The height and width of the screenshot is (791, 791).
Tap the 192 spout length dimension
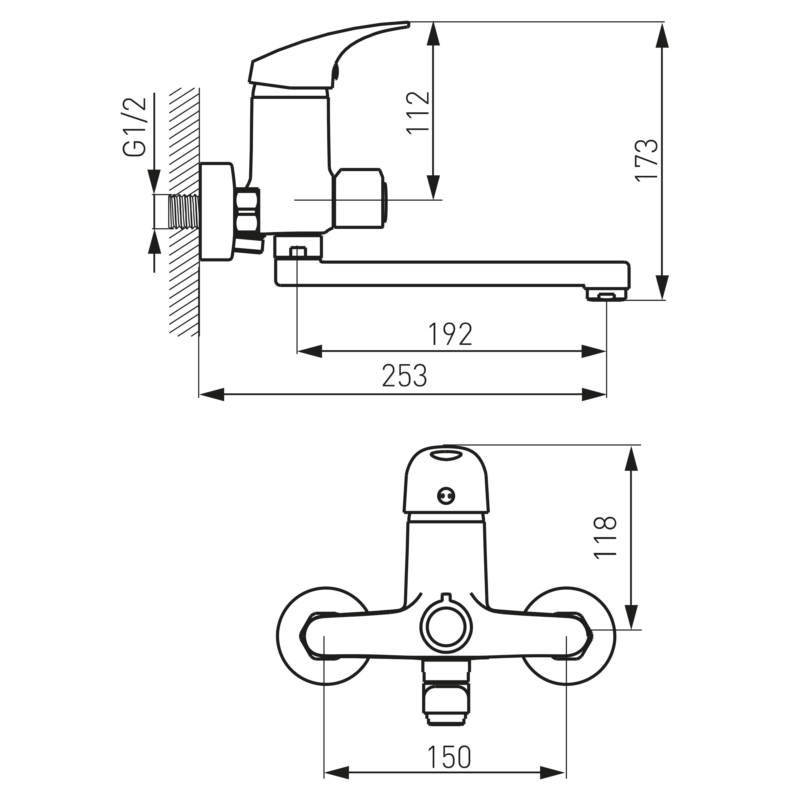click(450, 334)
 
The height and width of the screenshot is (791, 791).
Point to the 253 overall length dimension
click(404, 375)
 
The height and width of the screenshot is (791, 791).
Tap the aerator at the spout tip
click(607, 295)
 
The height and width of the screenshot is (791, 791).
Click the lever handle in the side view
click(327, 57)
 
